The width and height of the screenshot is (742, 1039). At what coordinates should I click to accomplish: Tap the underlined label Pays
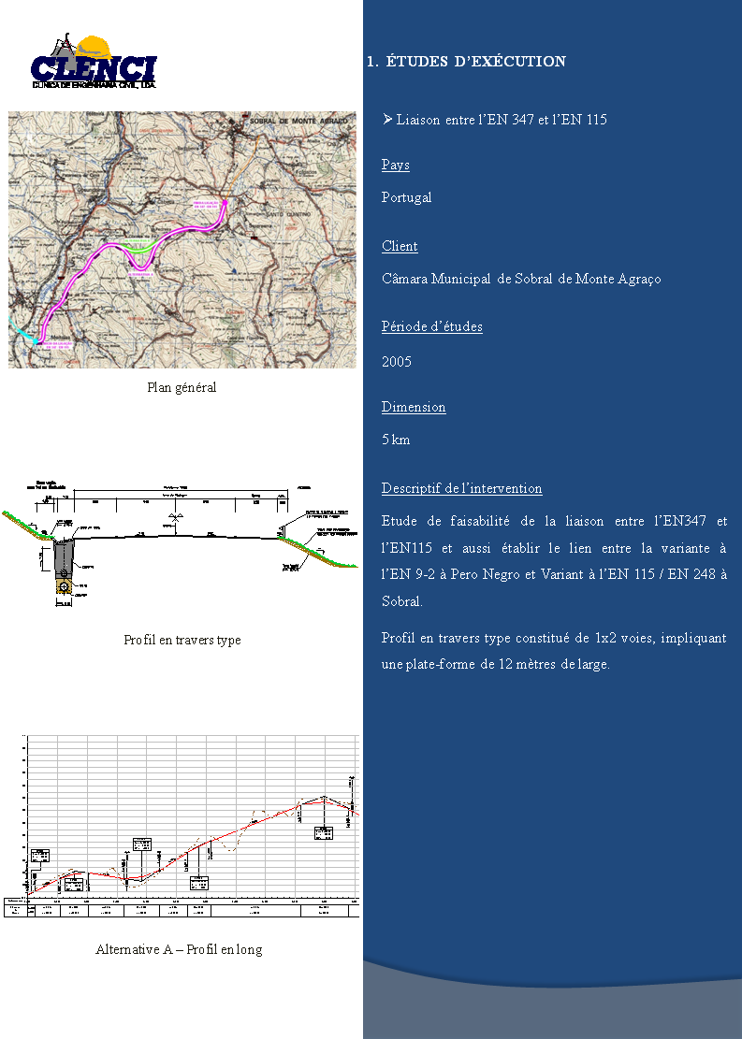tap(395, 166)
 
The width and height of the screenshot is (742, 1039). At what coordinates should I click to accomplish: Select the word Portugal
tap(406, 198)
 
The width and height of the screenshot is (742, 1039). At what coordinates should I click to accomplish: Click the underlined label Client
tap(400, 247)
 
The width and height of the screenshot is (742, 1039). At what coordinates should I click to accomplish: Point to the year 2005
tap(397, 362)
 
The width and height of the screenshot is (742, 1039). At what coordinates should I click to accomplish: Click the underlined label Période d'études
tap(431, 327)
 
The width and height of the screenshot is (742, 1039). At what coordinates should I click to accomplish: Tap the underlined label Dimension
tap(414, 408)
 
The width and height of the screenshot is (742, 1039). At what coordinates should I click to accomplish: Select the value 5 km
tap(396, 440)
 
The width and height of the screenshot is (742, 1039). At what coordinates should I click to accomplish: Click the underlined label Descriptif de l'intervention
tap(461, 489)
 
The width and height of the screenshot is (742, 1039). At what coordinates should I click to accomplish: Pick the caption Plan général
tap(182, 387)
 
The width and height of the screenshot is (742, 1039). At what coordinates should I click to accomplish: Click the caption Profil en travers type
tap(182, 641)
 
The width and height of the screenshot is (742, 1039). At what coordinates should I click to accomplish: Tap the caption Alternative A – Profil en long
tap(179, 950)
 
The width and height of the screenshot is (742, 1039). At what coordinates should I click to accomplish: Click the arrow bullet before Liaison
tap(387, 120)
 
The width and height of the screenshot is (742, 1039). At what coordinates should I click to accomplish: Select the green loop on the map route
tap(141, 249)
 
